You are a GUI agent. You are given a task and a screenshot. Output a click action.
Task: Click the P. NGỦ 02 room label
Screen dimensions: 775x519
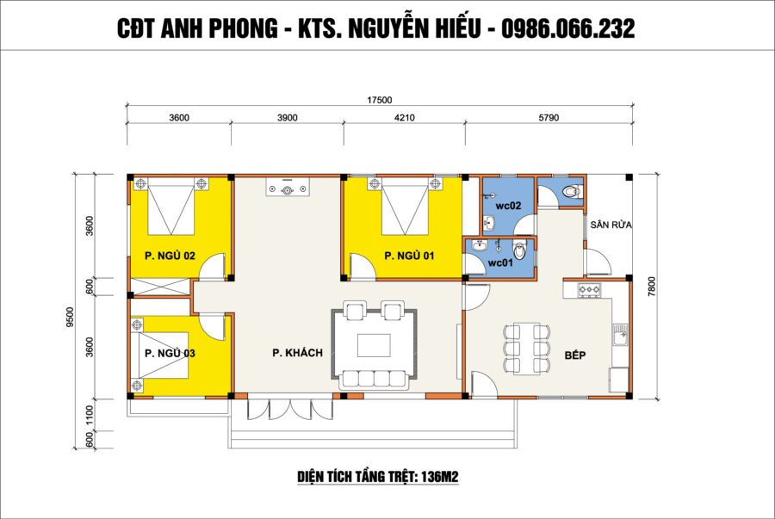tap(170, 256)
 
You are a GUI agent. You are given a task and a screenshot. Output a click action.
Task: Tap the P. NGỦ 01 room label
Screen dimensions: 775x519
tap(409, 256)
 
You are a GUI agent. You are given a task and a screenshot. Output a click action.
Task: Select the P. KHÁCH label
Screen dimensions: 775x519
tap(298, 353)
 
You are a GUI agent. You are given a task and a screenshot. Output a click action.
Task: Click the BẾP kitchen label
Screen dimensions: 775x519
tap(575, 355)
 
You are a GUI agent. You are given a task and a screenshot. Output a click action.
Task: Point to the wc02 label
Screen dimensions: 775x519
tap(509, 206)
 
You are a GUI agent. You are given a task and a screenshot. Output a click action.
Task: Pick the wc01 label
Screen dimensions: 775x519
tap(500, 263)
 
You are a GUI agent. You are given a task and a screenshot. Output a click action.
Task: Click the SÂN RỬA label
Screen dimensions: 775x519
tap(611, 225)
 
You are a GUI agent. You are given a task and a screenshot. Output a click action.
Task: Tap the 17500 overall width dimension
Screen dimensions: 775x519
tap(379, 100)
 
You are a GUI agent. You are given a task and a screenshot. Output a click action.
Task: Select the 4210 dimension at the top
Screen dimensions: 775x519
tap(405, 118)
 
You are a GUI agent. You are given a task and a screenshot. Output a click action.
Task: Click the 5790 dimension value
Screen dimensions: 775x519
tap(549, 118)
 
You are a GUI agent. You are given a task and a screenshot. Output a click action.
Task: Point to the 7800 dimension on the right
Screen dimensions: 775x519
tap(652, 287)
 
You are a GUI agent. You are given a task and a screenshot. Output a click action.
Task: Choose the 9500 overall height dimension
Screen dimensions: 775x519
tap(70, 317)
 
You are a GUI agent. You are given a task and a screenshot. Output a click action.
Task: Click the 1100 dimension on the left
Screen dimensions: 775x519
tap(90, 415)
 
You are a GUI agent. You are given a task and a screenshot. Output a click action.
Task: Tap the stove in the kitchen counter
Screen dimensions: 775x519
tap(590, 290)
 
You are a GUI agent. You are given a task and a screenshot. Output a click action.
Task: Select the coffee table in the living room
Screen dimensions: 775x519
tap(374, 345)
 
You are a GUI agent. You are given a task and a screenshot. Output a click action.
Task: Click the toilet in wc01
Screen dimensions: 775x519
tap(519, 250)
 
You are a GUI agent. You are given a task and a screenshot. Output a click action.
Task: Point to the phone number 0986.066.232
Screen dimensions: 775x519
tap(568, 28)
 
